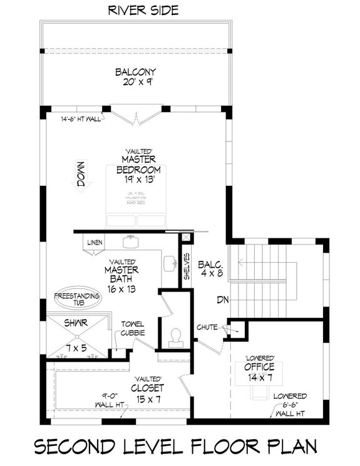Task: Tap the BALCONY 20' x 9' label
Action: (135, 78)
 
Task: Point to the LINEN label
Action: (95, 242)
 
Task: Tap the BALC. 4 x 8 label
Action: (211, 268)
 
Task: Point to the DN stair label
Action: (224, 300)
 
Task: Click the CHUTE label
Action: (207, 327)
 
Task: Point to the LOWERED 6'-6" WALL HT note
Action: (289, 405)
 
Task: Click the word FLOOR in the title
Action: (222, 448)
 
